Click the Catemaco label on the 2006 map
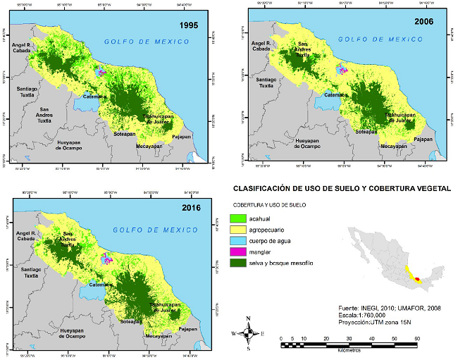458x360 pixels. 335,94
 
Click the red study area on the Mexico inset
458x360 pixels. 417,280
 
